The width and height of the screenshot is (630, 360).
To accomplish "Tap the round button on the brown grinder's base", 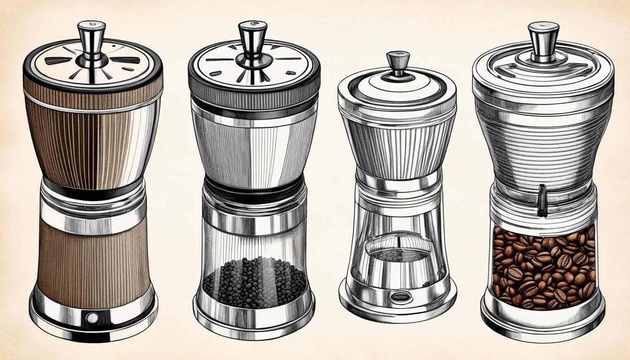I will (92, 318).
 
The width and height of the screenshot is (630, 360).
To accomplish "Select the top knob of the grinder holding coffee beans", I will (543, 37).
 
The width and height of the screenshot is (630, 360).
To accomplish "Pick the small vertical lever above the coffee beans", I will (542, 200).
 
